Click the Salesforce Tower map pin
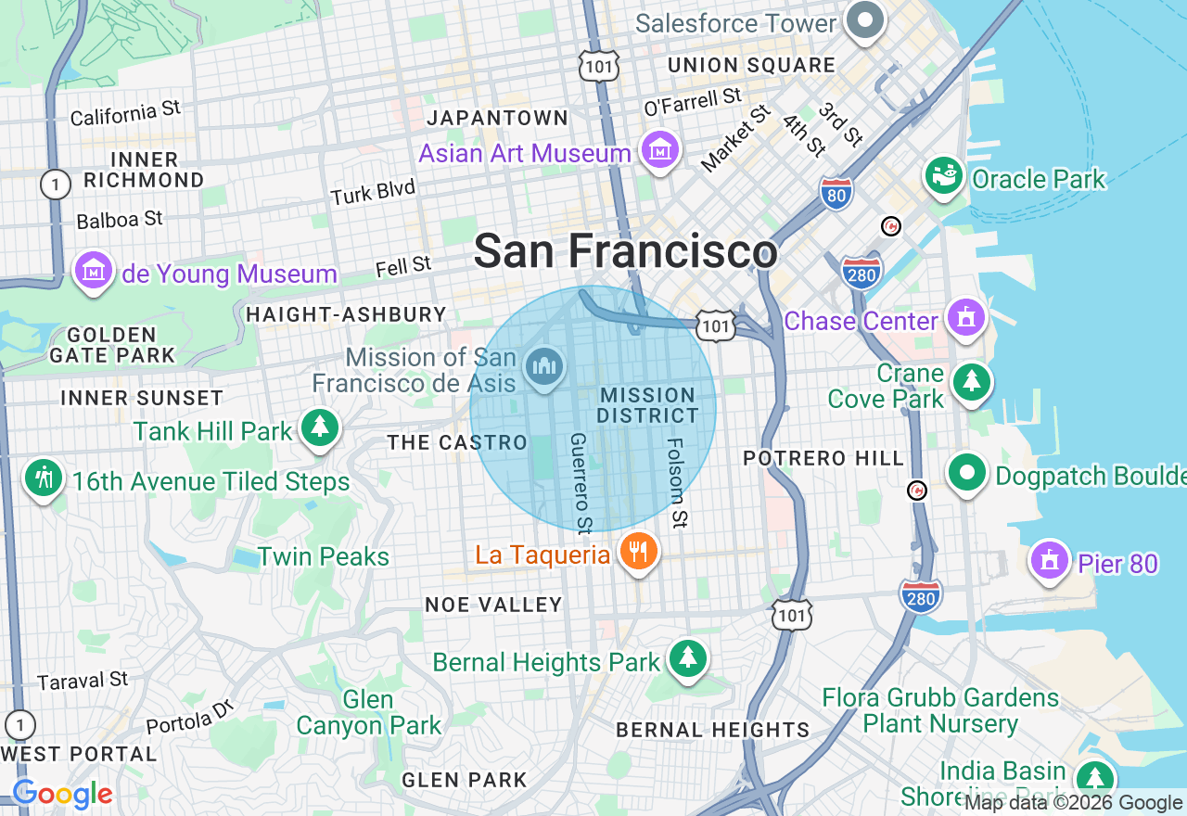[x=864, y=21]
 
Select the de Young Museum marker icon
[x=94, y=271]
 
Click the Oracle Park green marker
[x=944, y=176]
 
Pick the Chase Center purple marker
[x=966, y=318]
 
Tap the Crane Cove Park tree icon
[x=971, y=381]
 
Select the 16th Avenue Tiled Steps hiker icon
[x=44, y=478]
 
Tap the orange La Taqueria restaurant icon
[x=637, y=552]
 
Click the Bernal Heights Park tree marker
[x=687, y=659]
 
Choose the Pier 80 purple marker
[x=1050, y=561]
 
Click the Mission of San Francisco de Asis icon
[x=544, y=366]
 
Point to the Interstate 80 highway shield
[x=836, y=195]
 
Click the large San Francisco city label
[x=625, y=251]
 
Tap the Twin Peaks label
[x=324, y=556]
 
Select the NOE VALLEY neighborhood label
[x=493, y=605]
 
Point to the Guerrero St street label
[x=580, y=482]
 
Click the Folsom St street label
[x=678, y=482]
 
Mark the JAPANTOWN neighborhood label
[x=497, y=118]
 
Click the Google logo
[x=62, y=795]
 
